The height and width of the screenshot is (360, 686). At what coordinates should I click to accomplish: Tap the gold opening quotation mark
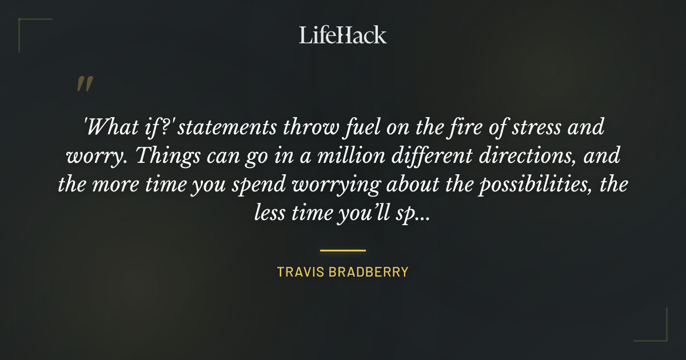84,84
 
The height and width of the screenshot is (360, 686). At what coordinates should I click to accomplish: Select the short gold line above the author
343,250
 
